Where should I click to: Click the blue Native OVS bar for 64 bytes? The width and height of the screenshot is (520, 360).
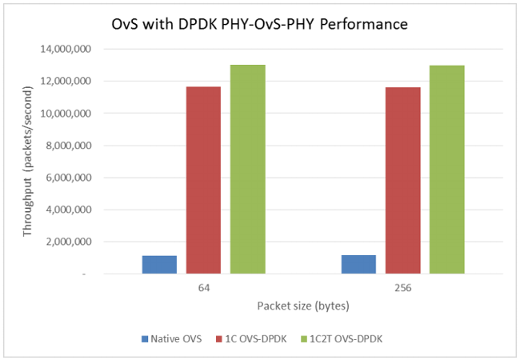tap(159, 265)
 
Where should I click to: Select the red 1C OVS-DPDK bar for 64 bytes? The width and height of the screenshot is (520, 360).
tap(203, 180)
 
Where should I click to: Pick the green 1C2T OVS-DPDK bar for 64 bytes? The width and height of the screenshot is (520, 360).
tap(247, 170)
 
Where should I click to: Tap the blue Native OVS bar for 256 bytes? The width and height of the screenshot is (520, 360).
tap(358, 265)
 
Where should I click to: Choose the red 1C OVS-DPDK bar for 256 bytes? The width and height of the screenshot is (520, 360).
tap(402, 180)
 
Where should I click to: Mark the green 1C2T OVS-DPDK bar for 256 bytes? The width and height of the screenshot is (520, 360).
tap(446, 170)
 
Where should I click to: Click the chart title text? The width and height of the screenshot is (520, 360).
tap(260, 25)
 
